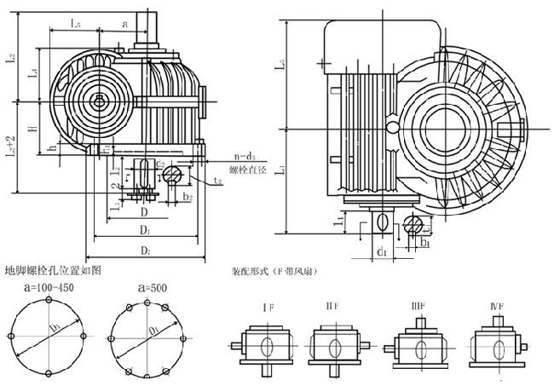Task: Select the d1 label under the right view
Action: point(383,252)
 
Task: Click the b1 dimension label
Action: point(424,243)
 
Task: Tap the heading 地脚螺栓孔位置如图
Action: point(53,271)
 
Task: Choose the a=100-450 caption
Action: point(51,289)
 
